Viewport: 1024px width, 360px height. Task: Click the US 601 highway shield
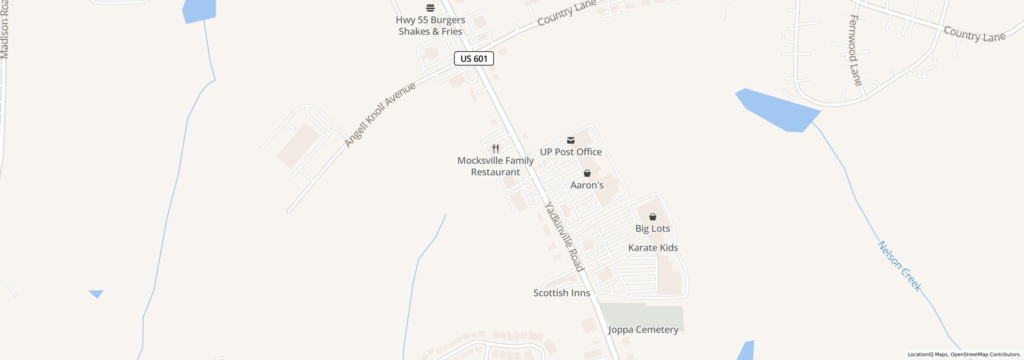click(474, 59)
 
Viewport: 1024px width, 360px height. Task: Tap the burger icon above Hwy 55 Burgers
click(430, 8)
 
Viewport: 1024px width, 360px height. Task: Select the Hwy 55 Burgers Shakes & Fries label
click(430, 26)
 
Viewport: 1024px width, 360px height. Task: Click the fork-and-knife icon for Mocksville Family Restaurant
click(496, 149)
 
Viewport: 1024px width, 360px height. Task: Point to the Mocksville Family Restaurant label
click(495, 166)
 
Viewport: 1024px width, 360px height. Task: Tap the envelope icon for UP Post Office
click(571, 140)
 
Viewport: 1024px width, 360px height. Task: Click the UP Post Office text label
click(571, 152)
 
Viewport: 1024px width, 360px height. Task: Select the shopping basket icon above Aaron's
click(587, 173)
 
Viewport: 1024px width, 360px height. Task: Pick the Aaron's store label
click(587, 185)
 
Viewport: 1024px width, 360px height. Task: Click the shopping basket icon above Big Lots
click(653, 217)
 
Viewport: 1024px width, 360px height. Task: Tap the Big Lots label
click(653, 229)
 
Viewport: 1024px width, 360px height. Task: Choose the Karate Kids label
click(653, 248)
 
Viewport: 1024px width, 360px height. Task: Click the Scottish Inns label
click(562, 293)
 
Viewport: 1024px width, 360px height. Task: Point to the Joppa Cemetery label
click(643, 330)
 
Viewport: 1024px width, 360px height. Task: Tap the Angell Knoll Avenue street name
click(380, 115)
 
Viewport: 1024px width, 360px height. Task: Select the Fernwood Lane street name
click(855, 51)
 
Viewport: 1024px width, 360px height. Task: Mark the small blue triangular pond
click(96, 294)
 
